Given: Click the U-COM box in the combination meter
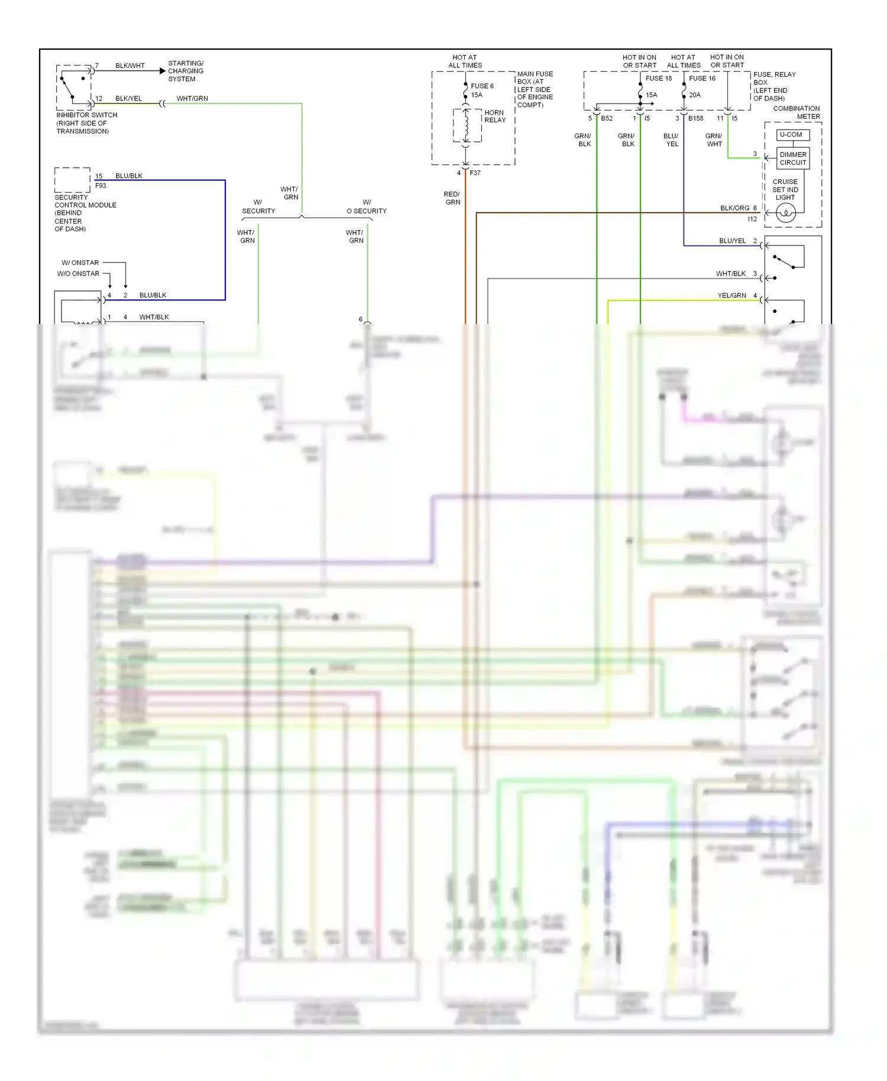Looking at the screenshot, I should pos(791,135).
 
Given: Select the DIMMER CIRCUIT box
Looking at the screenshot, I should pos(792,158).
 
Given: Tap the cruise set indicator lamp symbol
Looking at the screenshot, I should pos(785,213).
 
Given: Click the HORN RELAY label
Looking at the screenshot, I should pos(495,116).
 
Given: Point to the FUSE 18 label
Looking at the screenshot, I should pos(658,78).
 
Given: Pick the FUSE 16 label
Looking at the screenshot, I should pos(702,78).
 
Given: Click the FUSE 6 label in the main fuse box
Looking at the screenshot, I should pos(482,86).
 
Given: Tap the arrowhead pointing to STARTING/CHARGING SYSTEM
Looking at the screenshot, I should pos(163,71).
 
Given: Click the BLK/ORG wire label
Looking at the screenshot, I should pos(734,208).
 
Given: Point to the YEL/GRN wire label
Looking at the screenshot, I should pos(731,296).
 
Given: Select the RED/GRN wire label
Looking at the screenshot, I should pos(452,198).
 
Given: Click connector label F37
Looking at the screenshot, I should pos(475,173).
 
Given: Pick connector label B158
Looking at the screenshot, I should pos(695,118).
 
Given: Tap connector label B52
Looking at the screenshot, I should pos(607,118).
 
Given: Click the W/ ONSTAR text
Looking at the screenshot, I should pos(80,263).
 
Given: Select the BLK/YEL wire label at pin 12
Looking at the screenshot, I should pos(128,99).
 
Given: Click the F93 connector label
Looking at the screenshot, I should pos(101,186).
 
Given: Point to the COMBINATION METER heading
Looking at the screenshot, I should pos(796,112).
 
